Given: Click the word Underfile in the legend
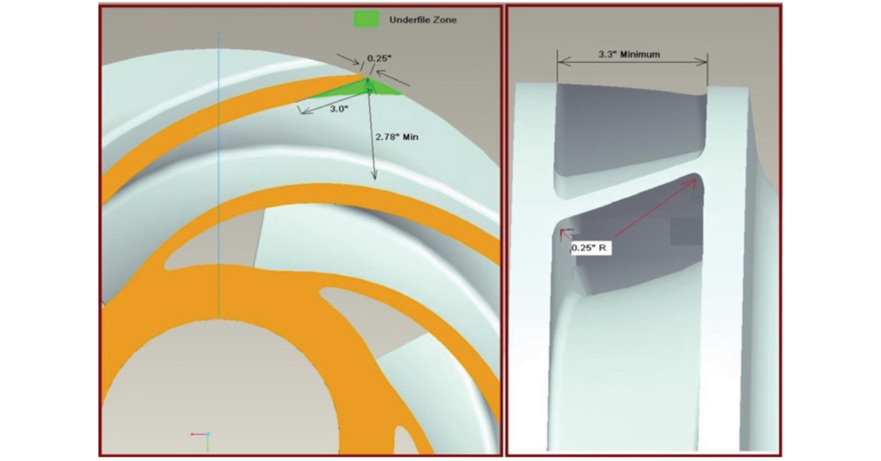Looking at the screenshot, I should coord(409,18).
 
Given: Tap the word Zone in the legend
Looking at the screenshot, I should coord(446,18).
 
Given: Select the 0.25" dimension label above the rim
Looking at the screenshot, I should coord(375,59).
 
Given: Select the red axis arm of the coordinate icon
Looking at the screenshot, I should coord(198,434).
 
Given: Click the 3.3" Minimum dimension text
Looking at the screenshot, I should coord(629,54).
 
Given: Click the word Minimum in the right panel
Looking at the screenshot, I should coord(640,54).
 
